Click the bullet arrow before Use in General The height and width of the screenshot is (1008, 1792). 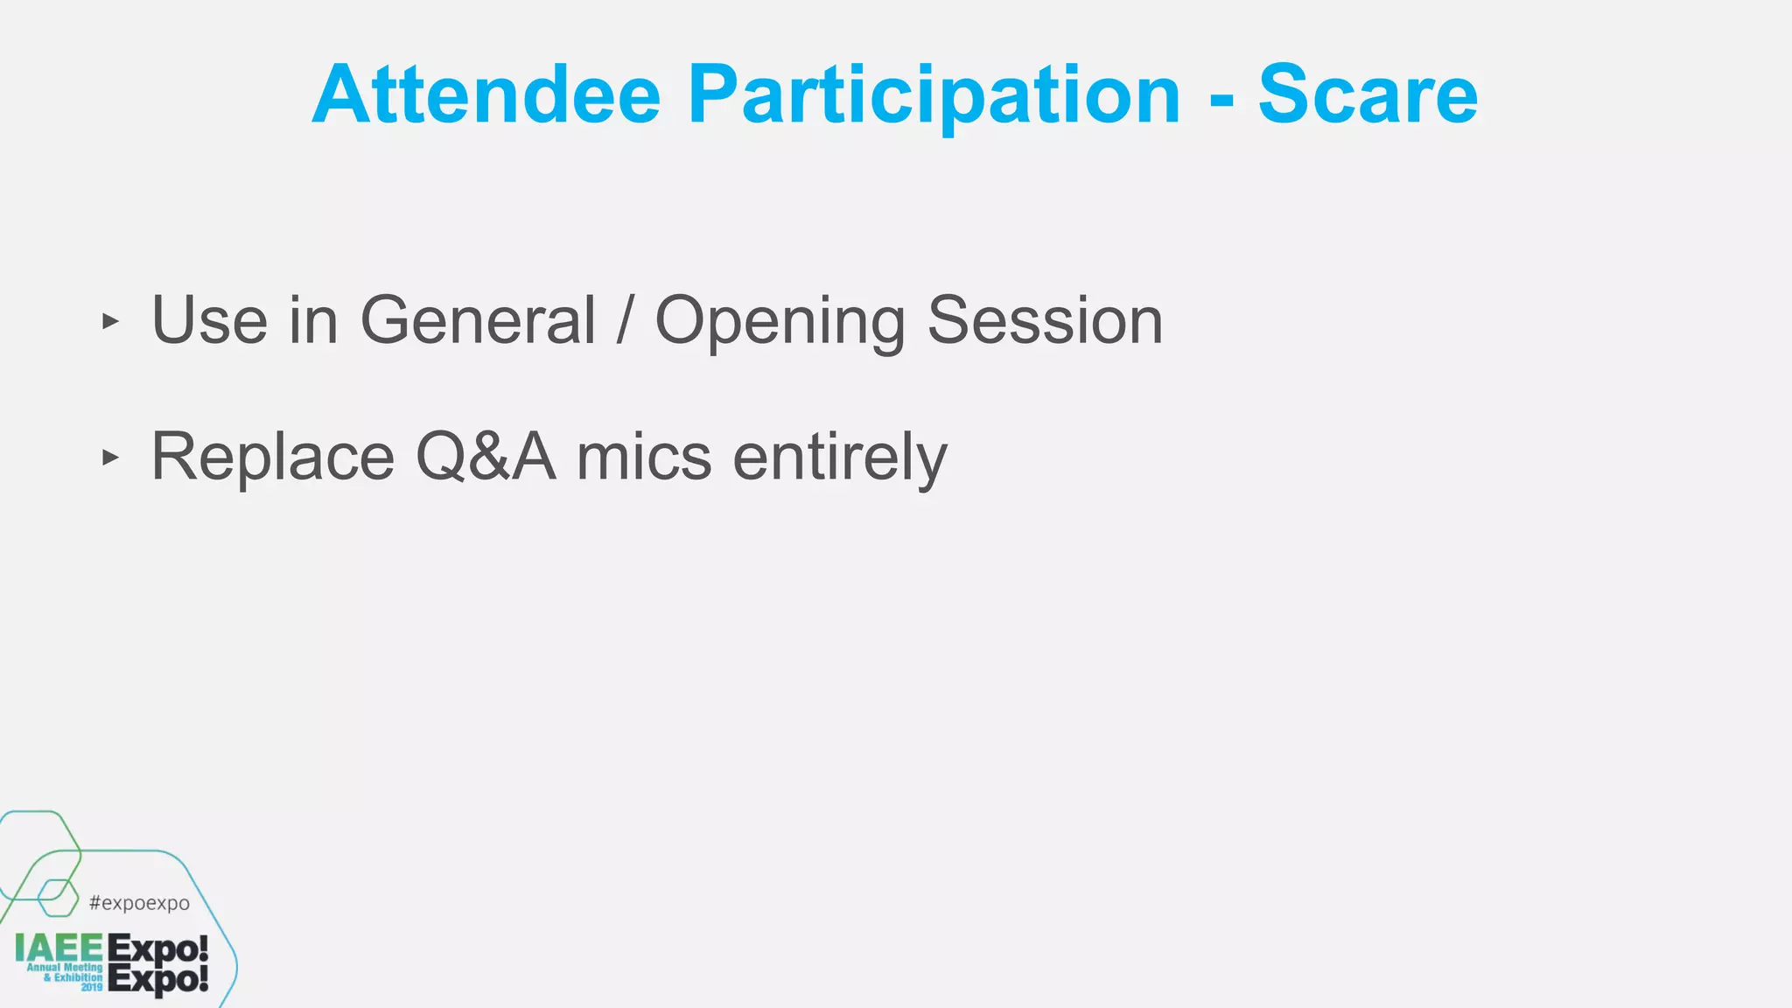click(x=109, y=321)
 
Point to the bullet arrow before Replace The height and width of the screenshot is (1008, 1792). click(x=109, y=457)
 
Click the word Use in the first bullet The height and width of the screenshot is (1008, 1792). click(x=209, y=320)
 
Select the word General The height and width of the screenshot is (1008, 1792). click(x=478, y=320)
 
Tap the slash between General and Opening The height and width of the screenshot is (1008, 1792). click(x=625, y=320)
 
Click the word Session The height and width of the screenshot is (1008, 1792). click(x=1045, y=320)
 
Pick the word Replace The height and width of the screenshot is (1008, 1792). click(x=273, y=457)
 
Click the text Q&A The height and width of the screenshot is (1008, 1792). click(x=486, y=457)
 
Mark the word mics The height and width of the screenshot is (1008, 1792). click(x=644, y=457)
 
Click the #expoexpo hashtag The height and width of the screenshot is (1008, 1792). click(x=139, y=903)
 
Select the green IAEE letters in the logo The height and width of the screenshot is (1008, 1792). click(x=59, y=948)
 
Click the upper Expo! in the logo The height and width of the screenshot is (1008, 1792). click(x=157, y=948)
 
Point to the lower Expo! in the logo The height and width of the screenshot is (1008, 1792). click(x=157, y=979)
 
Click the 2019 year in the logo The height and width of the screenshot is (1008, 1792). click(x=92, y=987)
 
